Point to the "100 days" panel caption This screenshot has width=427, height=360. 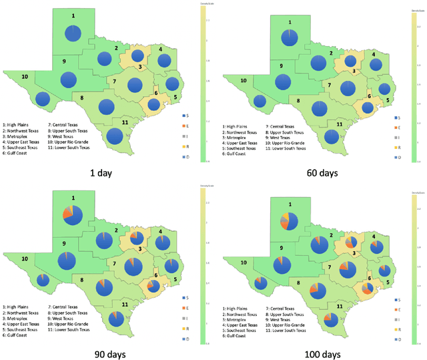coord(322,353)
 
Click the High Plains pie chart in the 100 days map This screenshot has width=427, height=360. coord(290,218)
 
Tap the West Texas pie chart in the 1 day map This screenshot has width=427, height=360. coord(69,79)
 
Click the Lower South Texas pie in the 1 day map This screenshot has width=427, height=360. coord(115,136)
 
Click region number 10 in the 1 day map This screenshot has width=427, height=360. coord(24,77)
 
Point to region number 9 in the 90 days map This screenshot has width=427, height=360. coord(64,243)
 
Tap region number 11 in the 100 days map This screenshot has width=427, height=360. coord(340,307)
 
